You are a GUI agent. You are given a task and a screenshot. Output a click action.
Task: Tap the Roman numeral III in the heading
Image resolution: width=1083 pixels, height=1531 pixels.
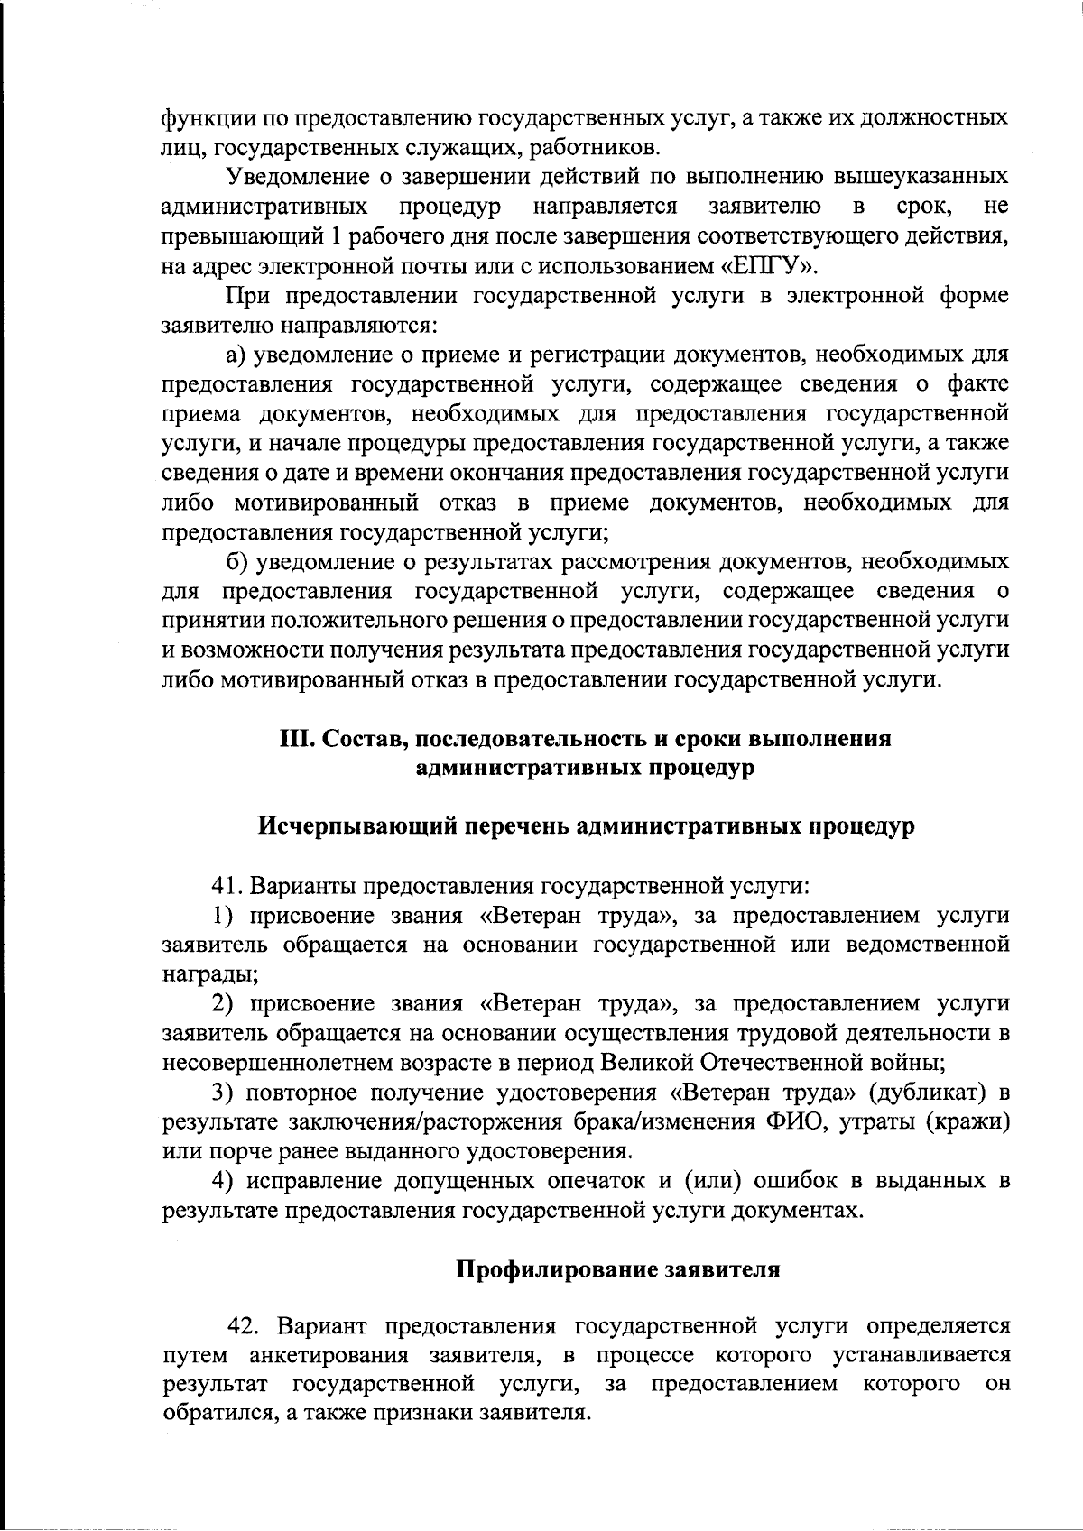click(297, 739)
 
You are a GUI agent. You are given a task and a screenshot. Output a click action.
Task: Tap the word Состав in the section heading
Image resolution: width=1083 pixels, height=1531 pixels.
click(366, 739)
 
